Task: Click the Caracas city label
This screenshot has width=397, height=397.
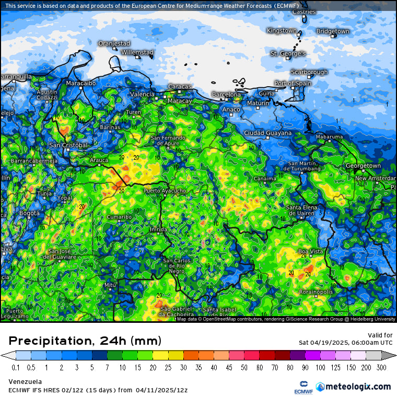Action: [180, 86]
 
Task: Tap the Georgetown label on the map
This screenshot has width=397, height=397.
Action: [363, 166]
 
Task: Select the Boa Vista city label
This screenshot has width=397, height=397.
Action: [310, 251]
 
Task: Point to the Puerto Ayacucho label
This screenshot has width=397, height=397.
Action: [165, 191]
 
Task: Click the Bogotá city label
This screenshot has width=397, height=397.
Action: [29, 213]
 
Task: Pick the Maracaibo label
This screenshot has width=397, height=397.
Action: [80, 83]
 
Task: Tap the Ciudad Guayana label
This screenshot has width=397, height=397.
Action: [267, 133]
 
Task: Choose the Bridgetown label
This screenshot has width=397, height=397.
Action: [332, 31]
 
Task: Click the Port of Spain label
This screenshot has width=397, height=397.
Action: [293, 84]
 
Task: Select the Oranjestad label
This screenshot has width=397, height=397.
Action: [114, 43]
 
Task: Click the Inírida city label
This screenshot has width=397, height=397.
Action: [158, 229]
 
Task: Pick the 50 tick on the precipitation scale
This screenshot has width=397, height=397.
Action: [244, 367]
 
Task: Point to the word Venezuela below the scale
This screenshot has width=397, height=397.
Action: [25, 381]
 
